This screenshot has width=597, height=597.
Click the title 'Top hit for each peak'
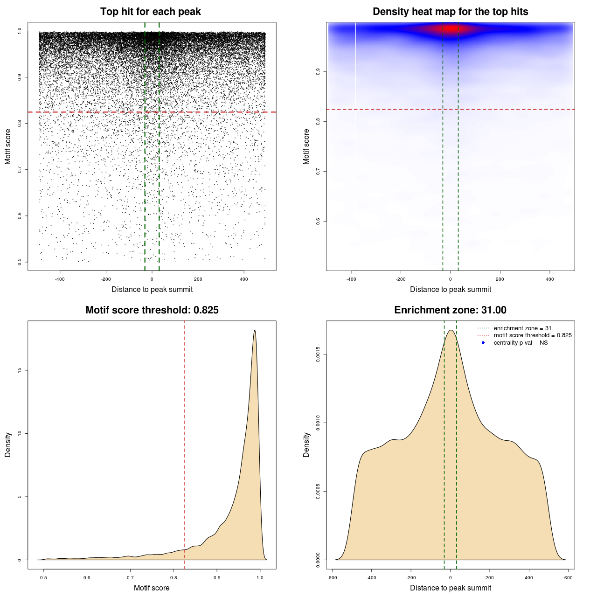(x=151, y=12)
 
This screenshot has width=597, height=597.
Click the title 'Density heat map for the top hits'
(x=450, y=12)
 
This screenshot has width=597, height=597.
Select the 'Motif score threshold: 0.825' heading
(x=152, y=310)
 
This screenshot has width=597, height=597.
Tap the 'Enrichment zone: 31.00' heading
(x=450, y=310)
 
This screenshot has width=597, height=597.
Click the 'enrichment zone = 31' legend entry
(x=522, y=328)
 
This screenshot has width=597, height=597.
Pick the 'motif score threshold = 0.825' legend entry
(x=532, y=335)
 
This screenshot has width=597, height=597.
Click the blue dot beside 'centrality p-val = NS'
(x=483, y=343)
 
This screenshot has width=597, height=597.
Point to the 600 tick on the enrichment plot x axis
(x=568, y=577)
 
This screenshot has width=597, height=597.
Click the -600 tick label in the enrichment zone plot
(x=332, y=577)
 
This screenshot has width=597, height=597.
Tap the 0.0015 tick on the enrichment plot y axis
(x=318, y=354)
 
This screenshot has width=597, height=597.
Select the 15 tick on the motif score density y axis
(x=20, y=370)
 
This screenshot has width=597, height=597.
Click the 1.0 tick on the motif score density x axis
(x=260, y=577)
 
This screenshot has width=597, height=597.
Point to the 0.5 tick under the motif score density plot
(x=43, y=577)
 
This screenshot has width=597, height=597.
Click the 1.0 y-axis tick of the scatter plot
(x=20, y=31)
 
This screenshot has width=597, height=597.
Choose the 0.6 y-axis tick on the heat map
(x=318, y=221)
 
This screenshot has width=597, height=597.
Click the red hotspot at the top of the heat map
(x=451, y=29)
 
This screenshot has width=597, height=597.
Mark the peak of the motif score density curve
(x=255, y=331)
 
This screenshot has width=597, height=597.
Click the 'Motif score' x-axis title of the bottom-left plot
(x=152, y=588)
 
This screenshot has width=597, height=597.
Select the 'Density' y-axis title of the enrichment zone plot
(x=306, y=444)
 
